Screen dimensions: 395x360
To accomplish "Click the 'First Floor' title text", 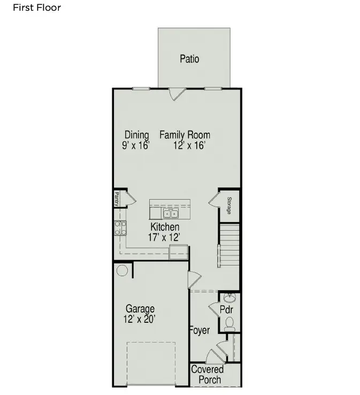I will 37,7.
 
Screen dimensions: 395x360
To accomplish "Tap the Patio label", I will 189,58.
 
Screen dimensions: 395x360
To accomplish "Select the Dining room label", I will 136,135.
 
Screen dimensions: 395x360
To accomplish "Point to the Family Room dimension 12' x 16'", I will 189,145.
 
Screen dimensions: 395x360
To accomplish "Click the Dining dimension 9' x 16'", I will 135,145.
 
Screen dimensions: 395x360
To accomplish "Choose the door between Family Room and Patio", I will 177,94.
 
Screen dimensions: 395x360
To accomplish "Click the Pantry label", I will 116,199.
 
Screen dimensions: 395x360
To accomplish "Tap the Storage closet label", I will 229,206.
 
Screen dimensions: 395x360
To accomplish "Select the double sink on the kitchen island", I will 171,214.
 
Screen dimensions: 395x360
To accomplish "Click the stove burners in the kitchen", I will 120,229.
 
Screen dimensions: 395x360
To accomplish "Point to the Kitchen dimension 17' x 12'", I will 164,237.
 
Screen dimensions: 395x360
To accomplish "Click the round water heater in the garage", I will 121,270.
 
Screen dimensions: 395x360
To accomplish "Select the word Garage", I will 140,308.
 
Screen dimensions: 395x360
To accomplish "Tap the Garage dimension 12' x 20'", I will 140,319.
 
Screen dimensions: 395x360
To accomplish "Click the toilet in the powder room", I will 230,323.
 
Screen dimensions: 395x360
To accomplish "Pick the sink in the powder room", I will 230,298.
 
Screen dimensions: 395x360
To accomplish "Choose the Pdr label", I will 226,310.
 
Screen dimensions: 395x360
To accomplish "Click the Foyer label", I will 200,330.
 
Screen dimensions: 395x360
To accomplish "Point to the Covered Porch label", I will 208,375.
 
